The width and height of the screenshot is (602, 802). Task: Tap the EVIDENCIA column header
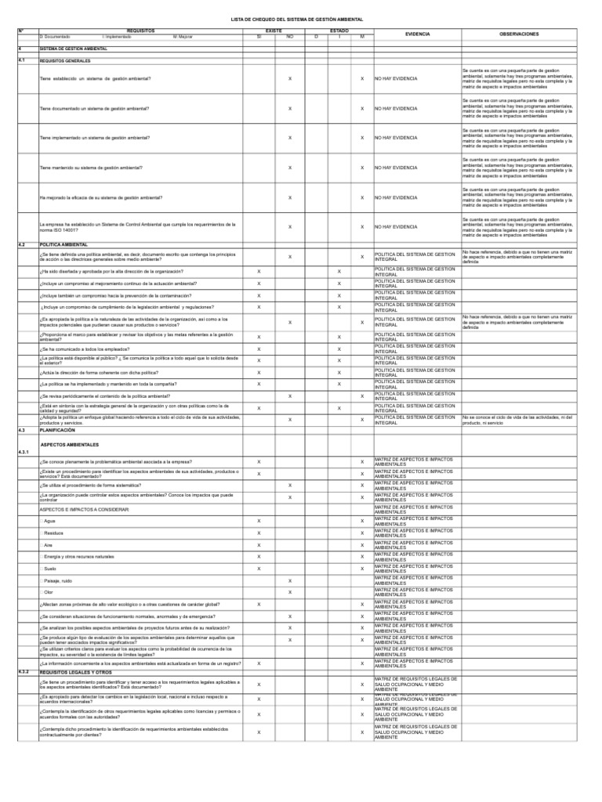point(417,34)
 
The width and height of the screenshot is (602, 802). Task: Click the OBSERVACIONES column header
point(519,34)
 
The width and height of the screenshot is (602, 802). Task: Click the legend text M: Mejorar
point(183,37)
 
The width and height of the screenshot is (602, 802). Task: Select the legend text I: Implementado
point(117,37)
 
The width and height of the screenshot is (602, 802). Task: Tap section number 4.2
point(22,244)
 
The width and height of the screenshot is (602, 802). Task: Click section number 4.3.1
point(24,453)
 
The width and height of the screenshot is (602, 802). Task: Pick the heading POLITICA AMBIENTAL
point(63,244)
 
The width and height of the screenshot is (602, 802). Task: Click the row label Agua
point(50,521)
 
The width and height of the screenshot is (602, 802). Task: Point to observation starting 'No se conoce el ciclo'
point(518,419)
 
